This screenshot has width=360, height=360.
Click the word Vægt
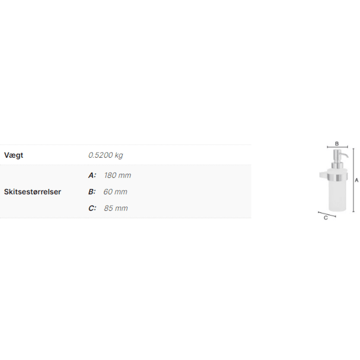click(14, 155)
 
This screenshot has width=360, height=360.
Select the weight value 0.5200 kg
click(106, 155)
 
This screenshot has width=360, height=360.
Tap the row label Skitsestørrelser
click(33, 192)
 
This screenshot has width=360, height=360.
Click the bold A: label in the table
click(92, 175)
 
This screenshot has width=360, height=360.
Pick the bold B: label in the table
click(92, 192)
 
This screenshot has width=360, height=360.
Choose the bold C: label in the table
click(92, 208)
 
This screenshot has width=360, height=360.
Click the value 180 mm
click(118, 175)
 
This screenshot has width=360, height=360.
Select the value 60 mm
click(115, 192)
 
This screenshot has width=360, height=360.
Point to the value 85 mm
click(116, 208)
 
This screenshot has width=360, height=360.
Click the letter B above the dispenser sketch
click(337, 144)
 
